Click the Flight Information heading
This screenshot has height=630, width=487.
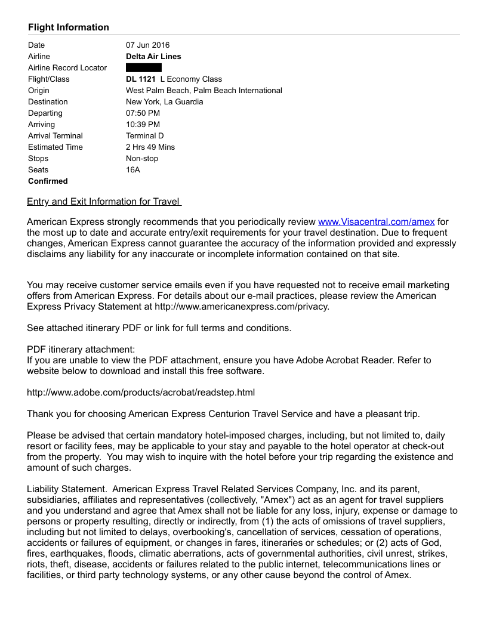(69, 27)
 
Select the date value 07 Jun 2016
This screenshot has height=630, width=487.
(147, 45)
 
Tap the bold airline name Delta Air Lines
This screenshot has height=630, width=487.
(153, 57)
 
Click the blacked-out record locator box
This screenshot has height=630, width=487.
(144, 68)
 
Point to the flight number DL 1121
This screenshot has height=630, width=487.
(141, 79)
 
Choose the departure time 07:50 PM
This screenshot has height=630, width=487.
(143, 113)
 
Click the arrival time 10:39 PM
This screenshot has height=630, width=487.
(143, 125)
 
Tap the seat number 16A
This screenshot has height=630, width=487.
(133, 170)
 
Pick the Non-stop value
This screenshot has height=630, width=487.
(142, 159)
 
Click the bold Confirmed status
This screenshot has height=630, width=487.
(48, 181)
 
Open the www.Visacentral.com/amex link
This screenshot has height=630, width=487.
(376, 222)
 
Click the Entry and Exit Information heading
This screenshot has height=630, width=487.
(104, 202)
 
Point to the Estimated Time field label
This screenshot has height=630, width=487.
(56, 147)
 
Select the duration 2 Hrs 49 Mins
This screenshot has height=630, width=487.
(150, 147)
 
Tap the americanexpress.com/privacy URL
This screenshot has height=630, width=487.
(242, 307)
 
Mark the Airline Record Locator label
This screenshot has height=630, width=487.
(67, 68)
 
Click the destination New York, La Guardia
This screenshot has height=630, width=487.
(164, 102)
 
